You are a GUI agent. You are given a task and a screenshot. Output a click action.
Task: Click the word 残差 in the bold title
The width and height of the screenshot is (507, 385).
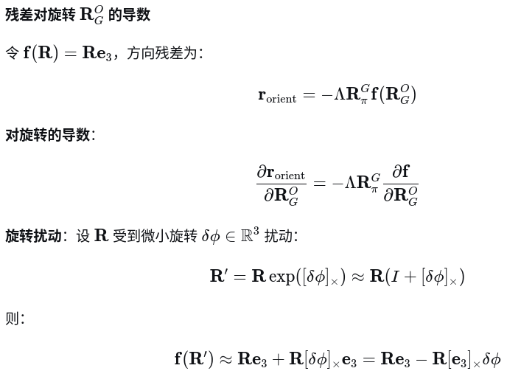(x=20, y=15)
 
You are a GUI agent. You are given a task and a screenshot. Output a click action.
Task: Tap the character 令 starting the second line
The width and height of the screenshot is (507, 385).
(x=12, y=54)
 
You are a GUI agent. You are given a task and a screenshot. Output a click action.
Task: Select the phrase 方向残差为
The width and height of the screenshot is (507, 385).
(x=161, y=54)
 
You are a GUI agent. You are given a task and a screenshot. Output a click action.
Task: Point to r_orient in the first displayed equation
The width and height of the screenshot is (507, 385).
(x=277, y=95)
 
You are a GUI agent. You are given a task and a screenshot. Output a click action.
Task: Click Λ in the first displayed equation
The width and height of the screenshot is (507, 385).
(x=340, y=95)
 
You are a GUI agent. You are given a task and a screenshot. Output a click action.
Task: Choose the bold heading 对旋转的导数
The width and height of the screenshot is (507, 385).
(x=47, y=135)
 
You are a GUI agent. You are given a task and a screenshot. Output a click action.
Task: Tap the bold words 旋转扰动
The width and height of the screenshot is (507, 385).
(x=32, y=236)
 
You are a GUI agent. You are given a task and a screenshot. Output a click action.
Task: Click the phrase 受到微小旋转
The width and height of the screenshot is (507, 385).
(x=155, y=236)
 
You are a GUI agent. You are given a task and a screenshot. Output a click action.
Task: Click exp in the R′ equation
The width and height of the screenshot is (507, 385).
(x=282, y=277)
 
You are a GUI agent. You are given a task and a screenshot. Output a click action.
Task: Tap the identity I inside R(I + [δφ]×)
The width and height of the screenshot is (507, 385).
(x=396, y=277)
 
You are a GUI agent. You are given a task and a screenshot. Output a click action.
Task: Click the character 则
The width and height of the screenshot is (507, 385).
(x=12, y=319)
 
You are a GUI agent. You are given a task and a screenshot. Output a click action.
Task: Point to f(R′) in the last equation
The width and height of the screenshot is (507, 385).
(x=194, y=359)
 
